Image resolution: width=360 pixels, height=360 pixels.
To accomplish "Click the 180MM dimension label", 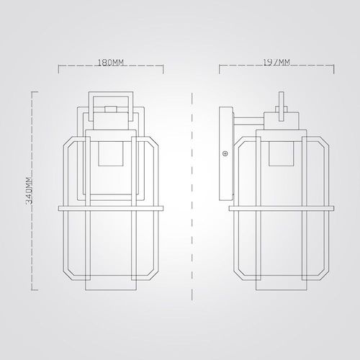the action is click(x=111, y=63).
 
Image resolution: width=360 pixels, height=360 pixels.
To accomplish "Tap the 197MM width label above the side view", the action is click(x=276, y=63).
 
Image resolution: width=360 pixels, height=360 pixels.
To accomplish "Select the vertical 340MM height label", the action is click(x=29, y=191).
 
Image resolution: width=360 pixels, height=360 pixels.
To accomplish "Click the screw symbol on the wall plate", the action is click(x=225, y=153).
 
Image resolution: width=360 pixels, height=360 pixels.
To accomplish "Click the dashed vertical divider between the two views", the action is click(x=192, y=197).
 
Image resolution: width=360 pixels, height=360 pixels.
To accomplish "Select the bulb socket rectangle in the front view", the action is click(x=111, y=153).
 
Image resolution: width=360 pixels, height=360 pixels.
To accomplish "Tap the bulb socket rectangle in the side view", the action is click(x=282, y=153).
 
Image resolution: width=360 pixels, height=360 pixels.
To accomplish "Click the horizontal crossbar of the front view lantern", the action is click(x=111, y=208).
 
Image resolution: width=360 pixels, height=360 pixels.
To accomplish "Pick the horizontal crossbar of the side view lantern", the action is click(x=282, y=208).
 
